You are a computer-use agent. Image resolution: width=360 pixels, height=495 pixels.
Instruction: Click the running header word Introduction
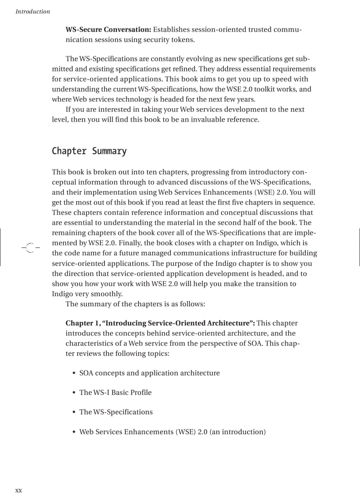click(x=33, y=11)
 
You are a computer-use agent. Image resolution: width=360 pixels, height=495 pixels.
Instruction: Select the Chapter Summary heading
click(x=89, y=151)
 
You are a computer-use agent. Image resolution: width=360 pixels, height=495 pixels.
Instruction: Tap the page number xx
click(x=19, y=490)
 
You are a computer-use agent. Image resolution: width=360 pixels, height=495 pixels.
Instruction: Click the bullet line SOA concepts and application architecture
click(x=149, y=373)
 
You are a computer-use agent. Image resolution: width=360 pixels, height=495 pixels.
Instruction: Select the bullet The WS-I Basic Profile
click(x=115, y=392)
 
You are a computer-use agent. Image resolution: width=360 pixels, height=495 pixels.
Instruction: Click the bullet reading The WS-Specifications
click(x=116, y=412)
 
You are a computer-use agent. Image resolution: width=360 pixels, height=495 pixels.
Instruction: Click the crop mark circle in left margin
click(x=29, y=248)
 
